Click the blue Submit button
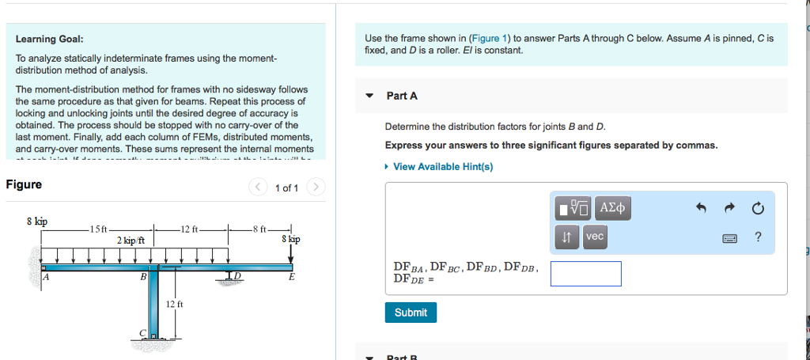click(x=411, y=313)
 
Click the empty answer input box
click(x=585, y=274)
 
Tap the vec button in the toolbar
click(x=595, y=237)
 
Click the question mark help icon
click(x=758, y=237)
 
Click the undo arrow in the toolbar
click(x=700, y=209)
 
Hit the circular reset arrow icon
click(x=758, y=209)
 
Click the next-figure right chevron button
click(x=315, y=188)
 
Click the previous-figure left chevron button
click(x=258, y=188)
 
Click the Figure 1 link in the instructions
click(x=490, y=38)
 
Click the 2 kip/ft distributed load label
click(x=131, y=240)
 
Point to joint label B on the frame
click(x=143, y=278)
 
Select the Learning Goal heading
click(x=49, y=39)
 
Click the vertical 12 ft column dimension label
click(x=174, y=304)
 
